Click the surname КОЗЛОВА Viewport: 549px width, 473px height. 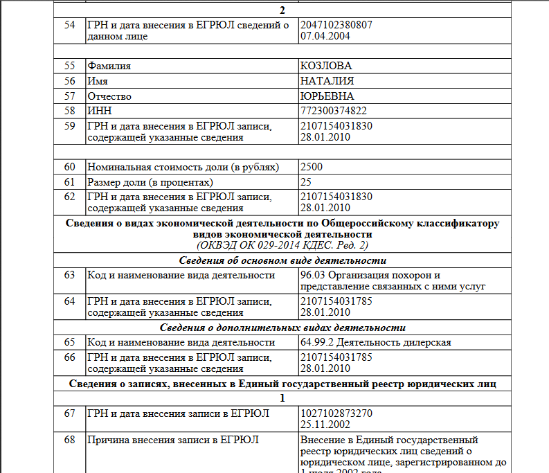coord(326,66)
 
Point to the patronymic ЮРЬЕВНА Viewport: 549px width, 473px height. coord(327,96)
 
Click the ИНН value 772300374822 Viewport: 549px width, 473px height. coord(334,111)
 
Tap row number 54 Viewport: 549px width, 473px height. coord(69,25)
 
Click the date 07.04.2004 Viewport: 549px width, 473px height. coord(325,36)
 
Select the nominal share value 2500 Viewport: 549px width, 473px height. coord(312,167)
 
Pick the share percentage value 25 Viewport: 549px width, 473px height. coord(306,182)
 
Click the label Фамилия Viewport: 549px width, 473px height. coord(109,66)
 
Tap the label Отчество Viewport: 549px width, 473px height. coord(109,96)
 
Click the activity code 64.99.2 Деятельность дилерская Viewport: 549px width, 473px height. coord(375,343)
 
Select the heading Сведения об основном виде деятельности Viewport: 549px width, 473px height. coord(282,260)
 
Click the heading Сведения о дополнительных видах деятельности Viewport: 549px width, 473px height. coord(282,328)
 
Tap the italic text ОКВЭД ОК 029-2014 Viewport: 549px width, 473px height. coord(252,245)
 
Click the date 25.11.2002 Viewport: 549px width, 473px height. coord(325,425)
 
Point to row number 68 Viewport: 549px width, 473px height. coord(69,440)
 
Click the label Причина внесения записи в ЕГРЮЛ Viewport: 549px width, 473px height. coord(173,440)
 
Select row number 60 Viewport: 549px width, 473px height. coord(69,167)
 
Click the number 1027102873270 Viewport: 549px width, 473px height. coord(336,413)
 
